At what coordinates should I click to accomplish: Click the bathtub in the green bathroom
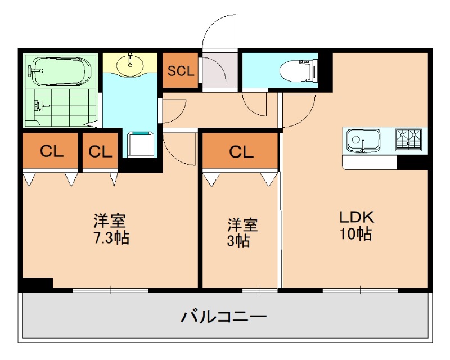(59, 71)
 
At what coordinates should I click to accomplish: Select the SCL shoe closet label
(180, 71)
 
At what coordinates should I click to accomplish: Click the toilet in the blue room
(298, 71)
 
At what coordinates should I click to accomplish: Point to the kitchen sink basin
(363, 139)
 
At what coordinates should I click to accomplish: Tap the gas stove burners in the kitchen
(409, 139)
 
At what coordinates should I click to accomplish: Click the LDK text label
(355, 217)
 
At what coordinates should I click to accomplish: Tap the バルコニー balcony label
(223, 317)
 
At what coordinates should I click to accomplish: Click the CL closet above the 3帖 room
(240, 151)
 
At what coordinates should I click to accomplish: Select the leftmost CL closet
(51, 151)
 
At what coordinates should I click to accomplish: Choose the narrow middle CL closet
(100, 151)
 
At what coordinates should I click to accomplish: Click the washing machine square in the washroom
(141, 145)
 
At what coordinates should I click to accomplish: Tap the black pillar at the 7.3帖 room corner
(37, 284)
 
